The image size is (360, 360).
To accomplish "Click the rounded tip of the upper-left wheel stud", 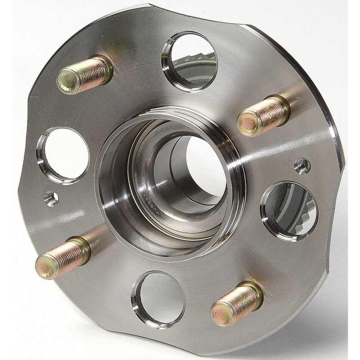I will (67, 81).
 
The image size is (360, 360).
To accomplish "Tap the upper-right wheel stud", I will (263, 117).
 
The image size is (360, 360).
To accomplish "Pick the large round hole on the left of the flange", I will (63, 155).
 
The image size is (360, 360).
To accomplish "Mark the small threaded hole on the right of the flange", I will (302, 166).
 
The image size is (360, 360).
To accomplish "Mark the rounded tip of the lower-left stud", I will (45, 266).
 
